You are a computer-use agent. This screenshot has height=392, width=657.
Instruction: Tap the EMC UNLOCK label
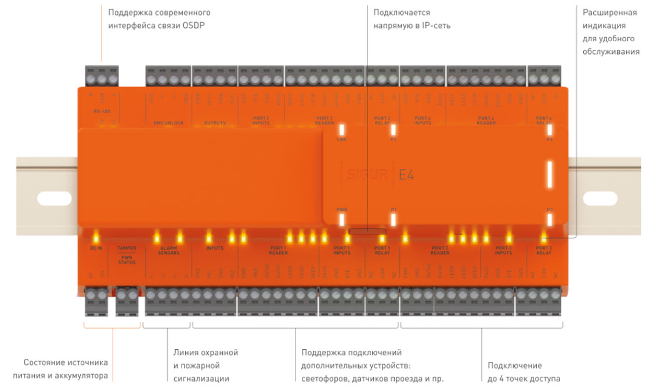point(168,123)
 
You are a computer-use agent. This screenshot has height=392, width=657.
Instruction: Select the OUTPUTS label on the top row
point(214,123)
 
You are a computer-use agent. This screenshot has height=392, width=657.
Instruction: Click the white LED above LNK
point(342,130)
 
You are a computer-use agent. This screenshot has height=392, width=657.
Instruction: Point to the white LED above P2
point(393,130)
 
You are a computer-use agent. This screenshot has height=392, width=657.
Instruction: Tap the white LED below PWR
point(342,220)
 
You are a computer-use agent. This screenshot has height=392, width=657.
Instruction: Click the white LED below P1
point(393,220)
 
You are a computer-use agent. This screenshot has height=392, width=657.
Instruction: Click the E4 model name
point(406,174)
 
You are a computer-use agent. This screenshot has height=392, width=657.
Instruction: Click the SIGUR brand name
point(367,174)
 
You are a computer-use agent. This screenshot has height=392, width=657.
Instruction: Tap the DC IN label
point(96,248)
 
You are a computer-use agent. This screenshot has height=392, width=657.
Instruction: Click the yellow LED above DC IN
point(97,237)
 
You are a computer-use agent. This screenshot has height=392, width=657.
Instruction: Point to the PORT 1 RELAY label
point(382,250)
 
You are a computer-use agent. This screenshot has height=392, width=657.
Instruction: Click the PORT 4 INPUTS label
point(423,120)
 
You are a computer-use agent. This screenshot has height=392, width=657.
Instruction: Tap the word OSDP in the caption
point(194,26)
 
